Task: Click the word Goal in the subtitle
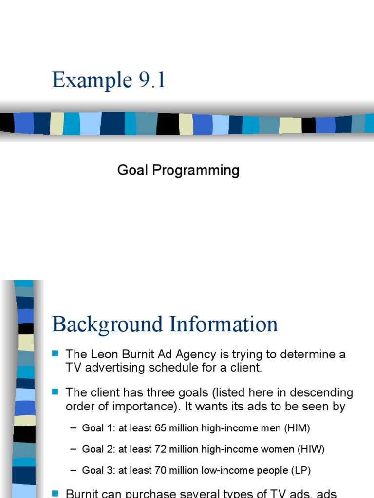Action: pos(133,170)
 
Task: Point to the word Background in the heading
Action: pos(108,324)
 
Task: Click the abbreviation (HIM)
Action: pos(297,428)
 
